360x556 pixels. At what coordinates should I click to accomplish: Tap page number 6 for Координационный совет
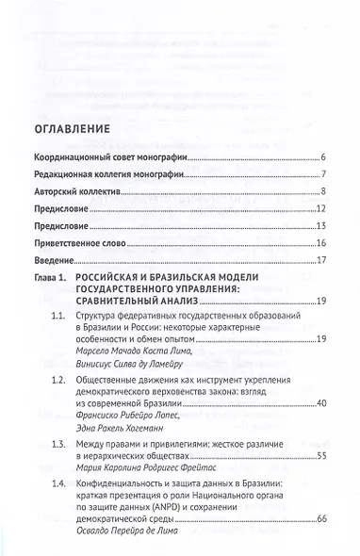click(322, 156)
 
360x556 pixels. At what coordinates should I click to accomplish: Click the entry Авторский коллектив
click(74, 191)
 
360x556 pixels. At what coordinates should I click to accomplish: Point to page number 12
click(321, 209)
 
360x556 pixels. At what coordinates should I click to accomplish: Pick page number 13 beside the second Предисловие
click(321, 226)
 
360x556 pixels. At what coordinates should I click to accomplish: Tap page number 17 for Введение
click(321, 260)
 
